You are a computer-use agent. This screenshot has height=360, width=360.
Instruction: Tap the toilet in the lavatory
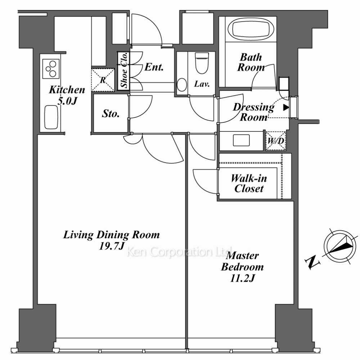tap(202, 63)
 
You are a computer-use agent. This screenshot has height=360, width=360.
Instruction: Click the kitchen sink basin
tap(51, 117)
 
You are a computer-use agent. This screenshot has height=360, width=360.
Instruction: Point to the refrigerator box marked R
tap(103, 80)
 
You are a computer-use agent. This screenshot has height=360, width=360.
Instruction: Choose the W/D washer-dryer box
tap(276, 141)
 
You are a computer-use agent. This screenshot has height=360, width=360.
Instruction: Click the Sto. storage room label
tap(111, 113)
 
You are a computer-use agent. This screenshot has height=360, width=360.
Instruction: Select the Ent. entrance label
tap(154, 67)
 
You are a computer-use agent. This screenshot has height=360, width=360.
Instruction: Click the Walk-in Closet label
tap(249, 184)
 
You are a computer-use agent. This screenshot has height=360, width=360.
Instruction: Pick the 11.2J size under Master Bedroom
tap(242, 278)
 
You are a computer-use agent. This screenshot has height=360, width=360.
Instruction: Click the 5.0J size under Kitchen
tap(67, 101)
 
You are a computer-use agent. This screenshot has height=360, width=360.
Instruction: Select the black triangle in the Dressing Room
tap(286, 107)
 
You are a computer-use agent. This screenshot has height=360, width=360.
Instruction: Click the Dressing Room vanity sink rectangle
tap(241, 140)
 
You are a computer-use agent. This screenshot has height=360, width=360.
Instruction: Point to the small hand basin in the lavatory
tap(182, 85)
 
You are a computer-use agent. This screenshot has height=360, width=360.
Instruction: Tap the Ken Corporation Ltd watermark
tap(179, 252)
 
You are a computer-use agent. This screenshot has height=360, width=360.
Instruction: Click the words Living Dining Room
tap(111, 235)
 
